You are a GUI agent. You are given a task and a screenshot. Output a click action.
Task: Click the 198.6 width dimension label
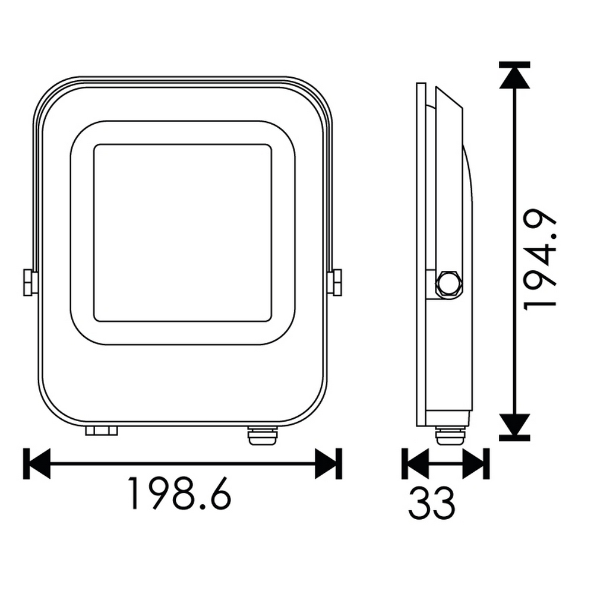coord(179,493)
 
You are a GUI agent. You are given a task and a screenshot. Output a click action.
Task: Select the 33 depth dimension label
coord(432,503)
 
